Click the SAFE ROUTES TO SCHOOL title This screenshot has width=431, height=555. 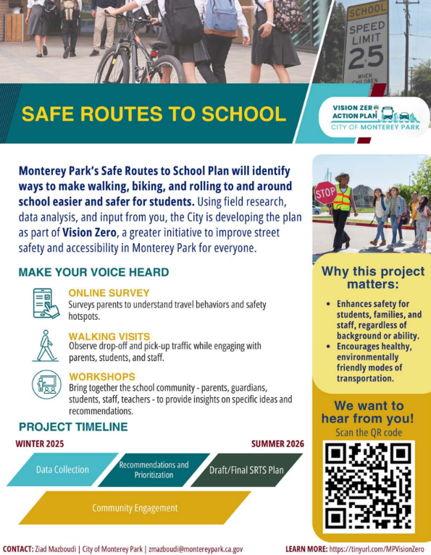point(154,114)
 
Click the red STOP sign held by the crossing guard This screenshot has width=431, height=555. point(324,192)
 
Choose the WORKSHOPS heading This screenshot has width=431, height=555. point(102,377)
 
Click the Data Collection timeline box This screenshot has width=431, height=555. point(62,470)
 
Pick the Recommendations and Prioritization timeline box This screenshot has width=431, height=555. point(154,470)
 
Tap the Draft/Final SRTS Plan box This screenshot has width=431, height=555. point(246,470)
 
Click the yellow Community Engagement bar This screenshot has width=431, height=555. point(135,508)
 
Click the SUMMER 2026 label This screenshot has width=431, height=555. point(277,444)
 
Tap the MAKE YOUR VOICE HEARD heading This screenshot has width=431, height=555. point(93,273)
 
